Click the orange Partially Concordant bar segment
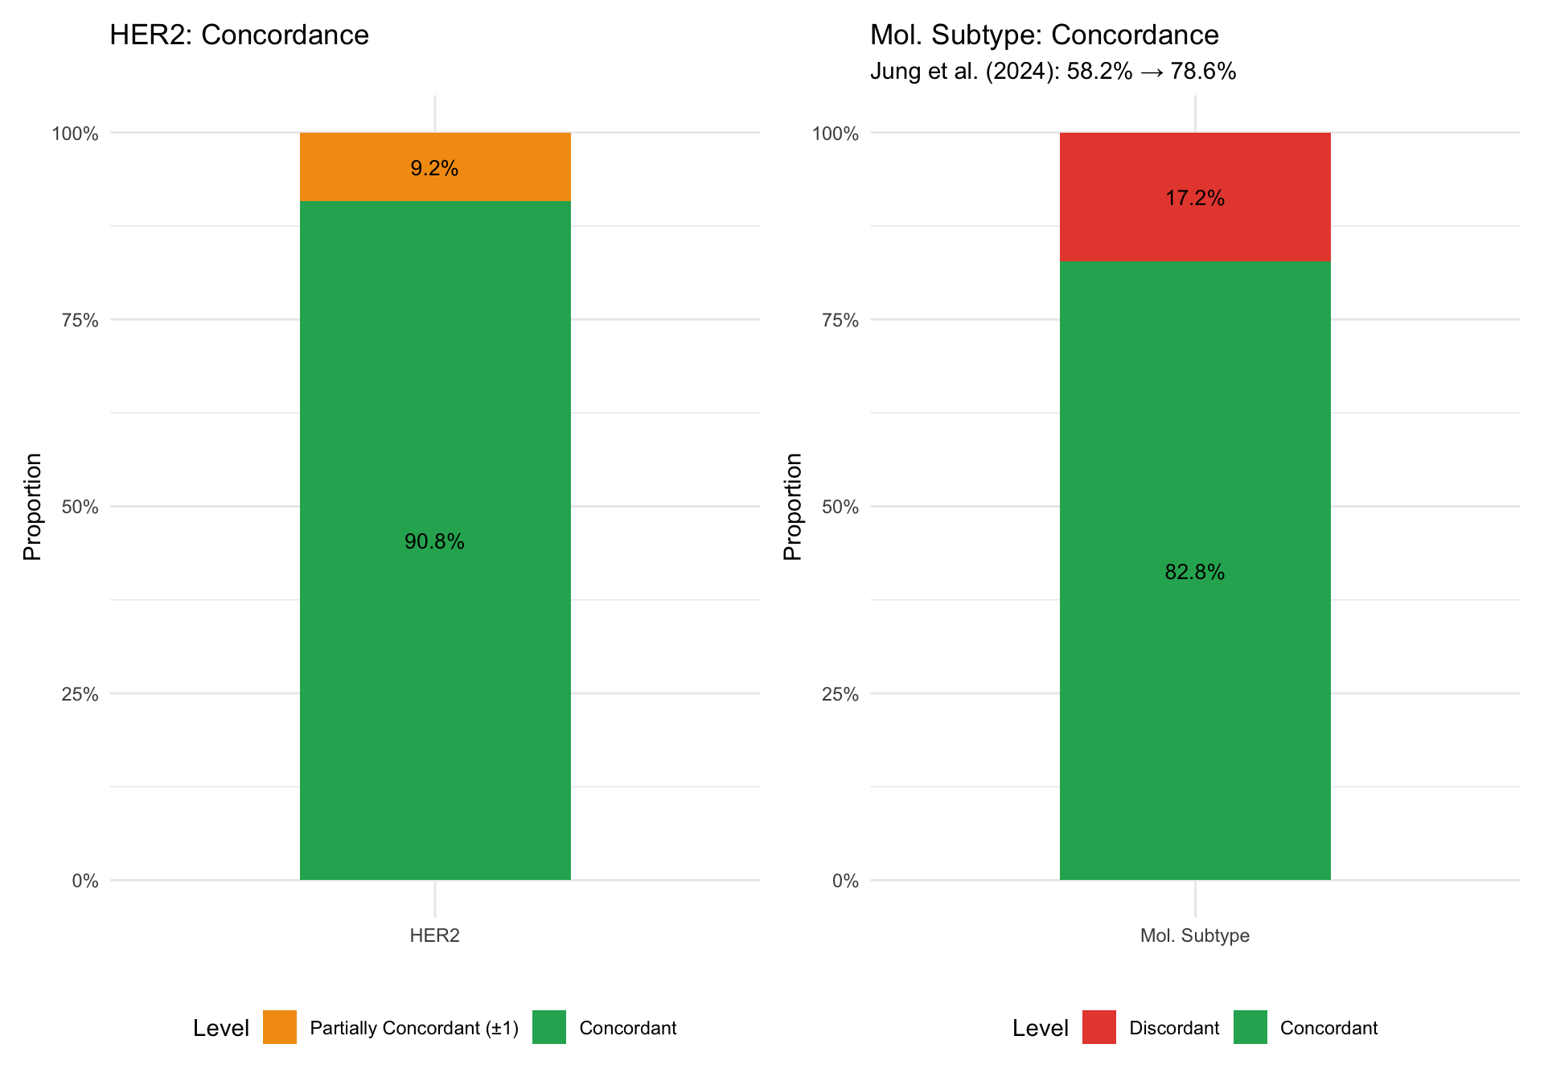coord(435,166)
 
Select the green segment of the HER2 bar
coord(435,540)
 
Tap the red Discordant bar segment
coord(1195,197)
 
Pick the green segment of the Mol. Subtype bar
coord(1195,571)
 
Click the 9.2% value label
coord(434,168)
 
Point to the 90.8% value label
coord(434,542)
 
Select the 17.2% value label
coord(1195,198)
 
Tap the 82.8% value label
coord(1195,572)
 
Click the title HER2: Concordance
coord(239,35)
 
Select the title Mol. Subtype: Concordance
coord(1045,35)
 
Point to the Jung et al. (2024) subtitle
coord(1053,72)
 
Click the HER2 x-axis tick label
coord(435,935)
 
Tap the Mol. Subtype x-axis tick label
coord(1195,935)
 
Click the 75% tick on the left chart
coord(80,320)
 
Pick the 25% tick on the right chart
coord(840,694)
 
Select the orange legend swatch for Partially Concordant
coord(280,1027)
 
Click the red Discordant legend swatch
coord(1099,1027)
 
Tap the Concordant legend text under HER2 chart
coord(628,1028)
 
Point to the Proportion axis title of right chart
coord(793,507)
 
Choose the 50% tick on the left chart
coord(80,507)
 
